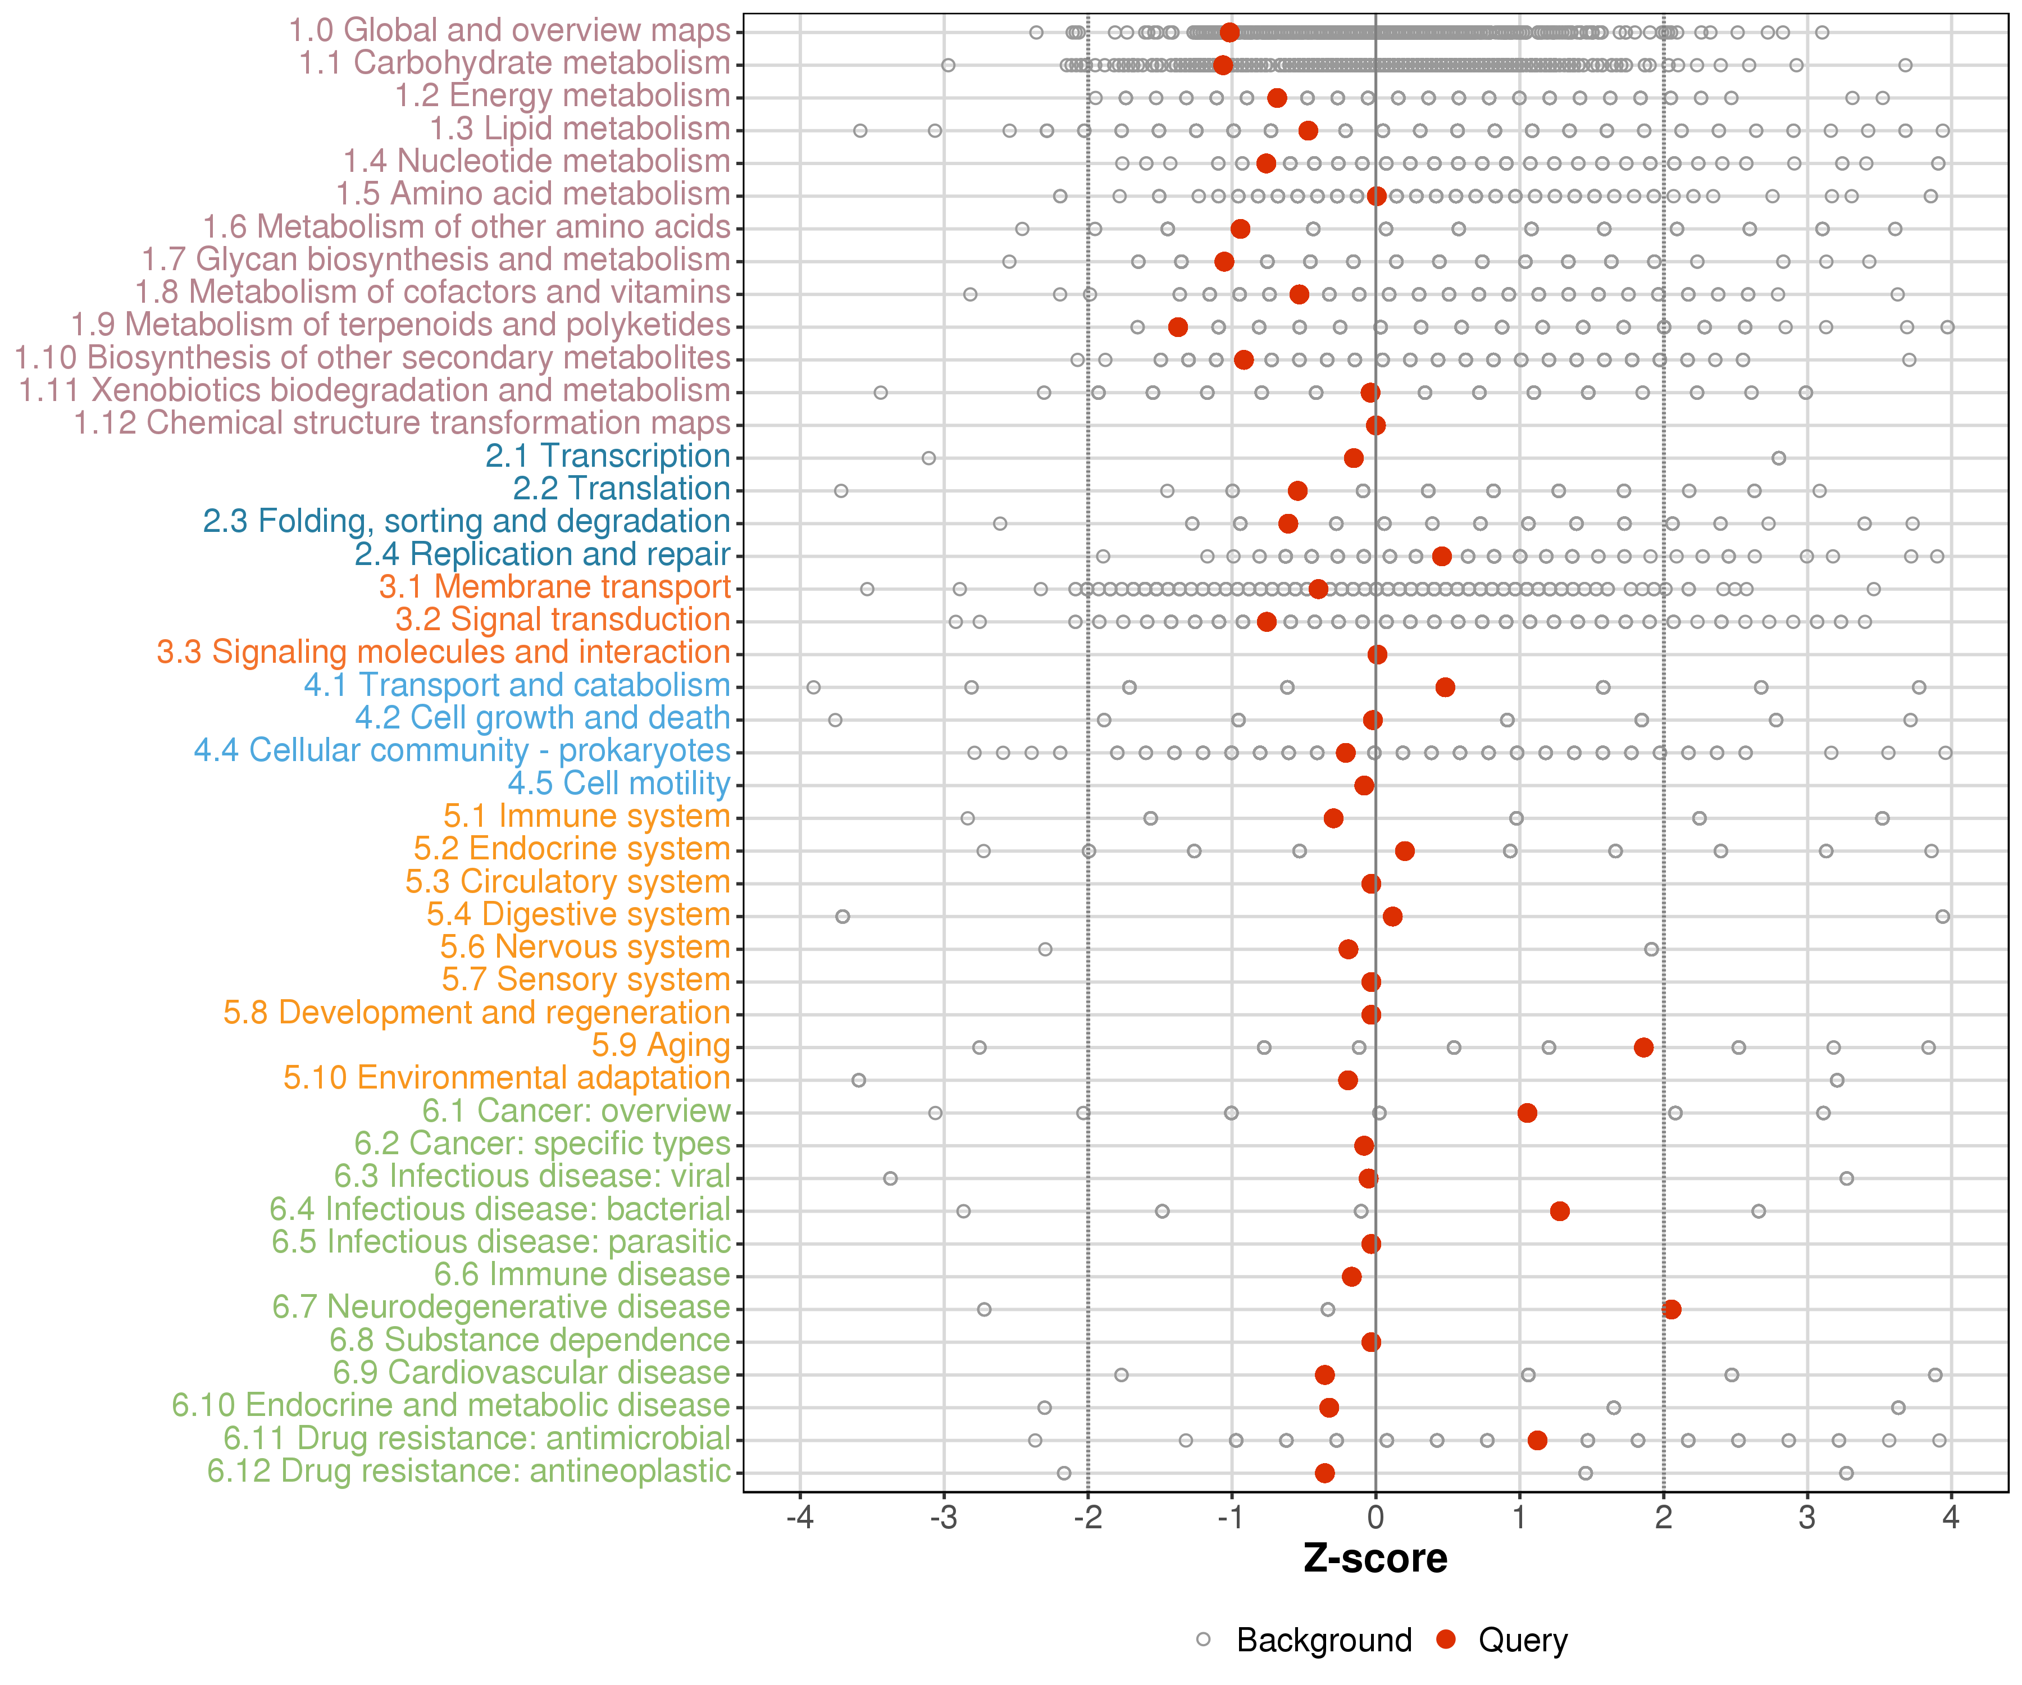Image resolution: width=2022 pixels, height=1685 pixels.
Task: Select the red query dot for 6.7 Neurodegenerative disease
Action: (x=1672, y=1309)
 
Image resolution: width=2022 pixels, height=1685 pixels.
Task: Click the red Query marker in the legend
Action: (x=1445, y=1639)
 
